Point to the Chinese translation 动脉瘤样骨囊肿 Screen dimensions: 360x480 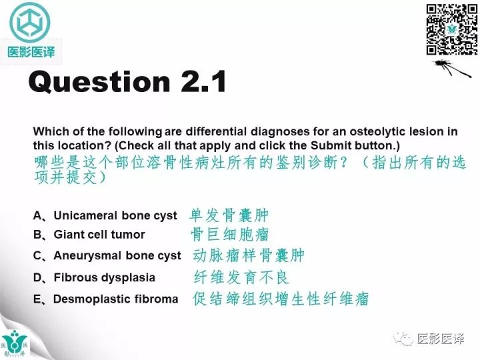(248, 256)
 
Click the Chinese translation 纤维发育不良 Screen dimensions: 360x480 (241, 277)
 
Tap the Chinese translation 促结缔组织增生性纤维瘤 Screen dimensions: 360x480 (281, 299)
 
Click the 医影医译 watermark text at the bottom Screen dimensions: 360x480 (439, 339)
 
